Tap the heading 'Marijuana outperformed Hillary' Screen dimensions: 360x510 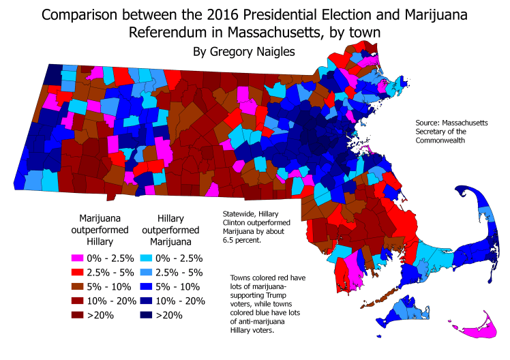(x=99, y=229)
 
